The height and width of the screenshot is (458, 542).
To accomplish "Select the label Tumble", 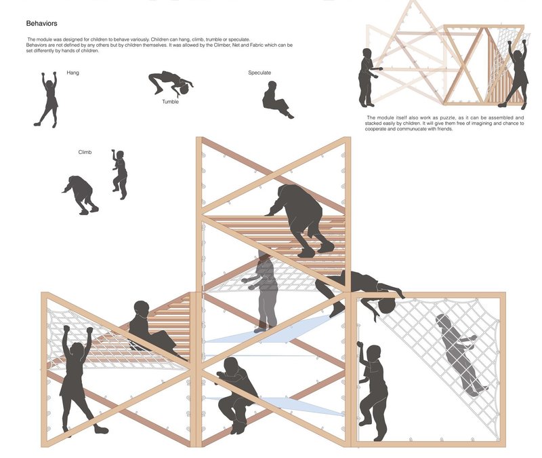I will (170, 102).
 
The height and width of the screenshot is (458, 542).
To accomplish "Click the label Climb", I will (85, 153).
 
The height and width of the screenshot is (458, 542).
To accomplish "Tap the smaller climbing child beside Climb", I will (119, 174).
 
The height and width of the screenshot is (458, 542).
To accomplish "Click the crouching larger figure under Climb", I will (81, 193).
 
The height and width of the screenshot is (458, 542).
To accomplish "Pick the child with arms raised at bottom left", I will (77, 380).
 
